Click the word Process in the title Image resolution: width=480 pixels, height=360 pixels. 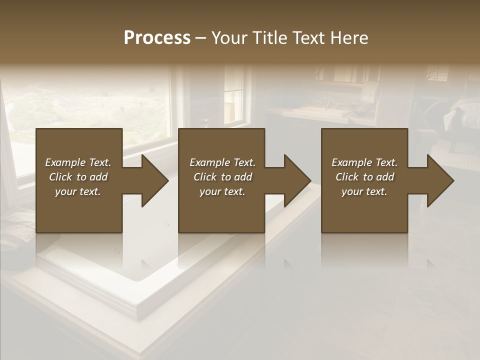(x=157, y=38)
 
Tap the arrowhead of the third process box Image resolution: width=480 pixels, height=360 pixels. (x=439, y=180)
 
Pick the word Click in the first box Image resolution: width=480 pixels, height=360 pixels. (x=60, y=177)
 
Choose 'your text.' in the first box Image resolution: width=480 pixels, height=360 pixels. (x=78, y=191)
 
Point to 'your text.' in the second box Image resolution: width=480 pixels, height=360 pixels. (x=222, y=191)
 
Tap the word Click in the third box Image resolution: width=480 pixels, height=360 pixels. (x=347, y=177)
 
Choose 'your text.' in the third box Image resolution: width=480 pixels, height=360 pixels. (x=364, y=191)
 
